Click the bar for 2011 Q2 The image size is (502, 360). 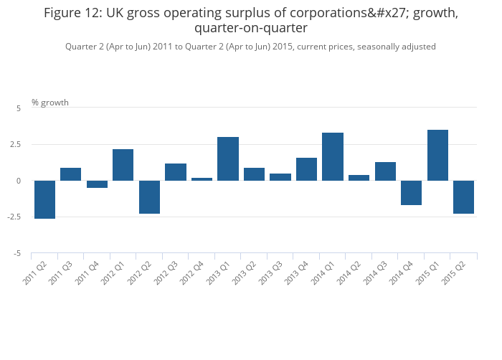[44, 199]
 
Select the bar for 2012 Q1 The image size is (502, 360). [123, 165]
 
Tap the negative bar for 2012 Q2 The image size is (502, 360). [149, 197]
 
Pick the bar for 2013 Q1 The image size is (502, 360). [228, 158]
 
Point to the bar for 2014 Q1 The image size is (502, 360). [333, 156]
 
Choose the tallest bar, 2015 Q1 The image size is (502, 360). [437, 155]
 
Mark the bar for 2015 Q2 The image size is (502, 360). [463, 197]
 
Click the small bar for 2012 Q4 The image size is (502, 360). [202, 179]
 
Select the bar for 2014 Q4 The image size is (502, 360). [411, 193]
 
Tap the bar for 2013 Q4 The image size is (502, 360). [306, 169]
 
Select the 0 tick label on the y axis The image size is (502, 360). [19, 181]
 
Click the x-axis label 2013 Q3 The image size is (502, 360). [271, 272]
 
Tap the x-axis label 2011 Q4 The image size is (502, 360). [88, 272]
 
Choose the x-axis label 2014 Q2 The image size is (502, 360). [350, 272]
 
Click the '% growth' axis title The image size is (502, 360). [50, 103]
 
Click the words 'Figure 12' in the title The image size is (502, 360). [74, 13]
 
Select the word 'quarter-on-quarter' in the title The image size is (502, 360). [250, 29]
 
